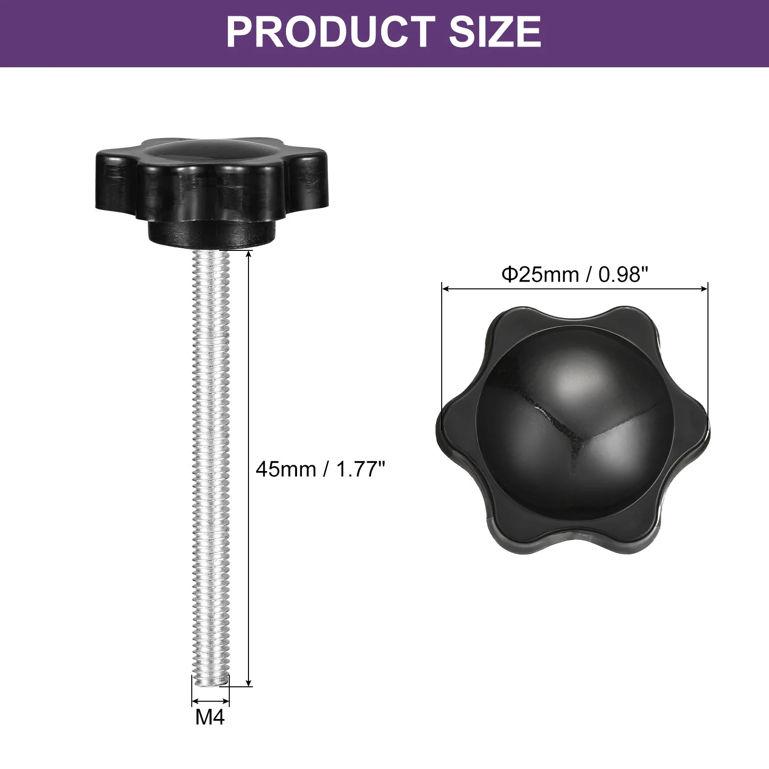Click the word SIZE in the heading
[x=496, y=32]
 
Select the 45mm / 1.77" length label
[x=321, y=469]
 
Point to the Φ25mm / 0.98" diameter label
[x=575, y=274]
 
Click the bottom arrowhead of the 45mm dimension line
[x=248, y=682]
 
